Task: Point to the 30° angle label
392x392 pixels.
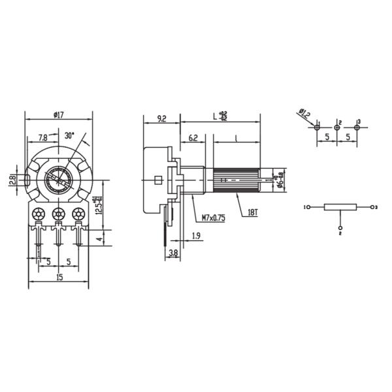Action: click(69, 136)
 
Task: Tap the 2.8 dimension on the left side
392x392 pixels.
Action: click(12, 179)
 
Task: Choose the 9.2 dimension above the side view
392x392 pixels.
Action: click(161, 119)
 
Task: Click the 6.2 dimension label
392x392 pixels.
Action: click(193, 139)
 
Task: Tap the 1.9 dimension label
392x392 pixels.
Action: click(195, 236)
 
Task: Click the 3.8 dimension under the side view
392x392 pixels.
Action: click(174, 252)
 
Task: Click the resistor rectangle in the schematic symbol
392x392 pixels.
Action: click(340, 207)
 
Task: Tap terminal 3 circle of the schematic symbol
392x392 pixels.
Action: click(372, 207)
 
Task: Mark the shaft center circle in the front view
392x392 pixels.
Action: click(59, 178)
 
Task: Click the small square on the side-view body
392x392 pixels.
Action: click(157, 179)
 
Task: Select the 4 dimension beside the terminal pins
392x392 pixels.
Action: click(99, 239)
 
